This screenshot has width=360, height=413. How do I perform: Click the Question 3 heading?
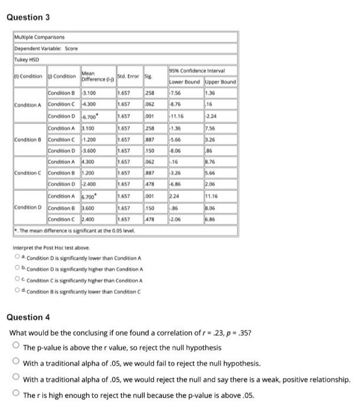pos(28,17)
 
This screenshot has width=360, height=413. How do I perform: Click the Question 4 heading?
pos(28,317)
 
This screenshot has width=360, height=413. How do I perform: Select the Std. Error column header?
pos(129,76)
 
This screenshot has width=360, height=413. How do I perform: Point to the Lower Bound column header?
pos(185,81)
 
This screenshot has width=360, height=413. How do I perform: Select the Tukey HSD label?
pos(25,60)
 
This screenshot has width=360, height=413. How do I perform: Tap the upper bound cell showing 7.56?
pos(210,128)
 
